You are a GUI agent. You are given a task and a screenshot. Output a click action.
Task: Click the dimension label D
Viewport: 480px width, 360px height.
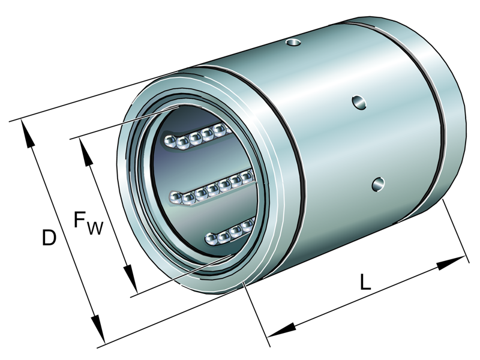[49, 238]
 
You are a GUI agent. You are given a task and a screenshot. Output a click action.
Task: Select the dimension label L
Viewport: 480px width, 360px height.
[365, 282]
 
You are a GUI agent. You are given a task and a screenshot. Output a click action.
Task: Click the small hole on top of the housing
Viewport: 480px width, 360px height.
[293, 42]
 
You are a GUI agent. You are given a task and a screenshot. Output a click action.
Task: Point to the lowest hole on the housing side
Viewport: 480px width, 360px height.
[378, 184]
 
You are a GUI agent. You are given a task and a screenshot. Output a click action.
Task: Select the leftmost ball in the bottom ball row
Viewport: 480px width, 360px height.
[211, 239]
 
